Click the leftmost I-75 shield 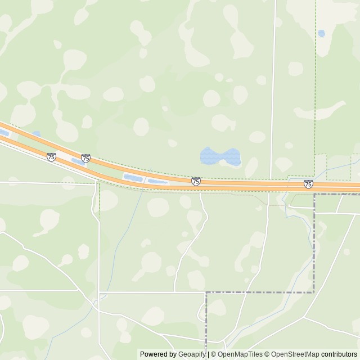pyautogui.click(x=51, y=157)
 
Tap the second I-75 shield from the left pyautogui.click(x=85, y=159)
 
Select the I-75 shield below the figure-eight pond pyautogui.click(x=196, y=181)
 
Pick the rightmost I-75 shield pyautogui.click(x=308, y=184)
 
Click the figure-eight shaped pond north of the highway pyautogui.click(x=220, y=156)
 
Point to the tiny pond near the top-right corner pyautogui.click(x=321, y=33)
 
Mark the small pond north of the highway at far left pyautogui.click(x=36, y=134)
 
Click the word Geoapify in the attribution pyautogui.click(x=192, y=354)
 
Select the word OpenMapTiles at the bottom pyautogui.click(x=240, y=354)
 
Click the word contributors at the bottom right pyautogui.click(x=339, y=354)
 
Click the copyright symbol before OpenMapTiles pyautogui.click(x=214, y=354)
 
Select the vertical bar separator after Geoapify pyautogui.click(x=208, y=354)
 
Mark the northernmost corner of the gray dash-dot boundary pyautogui.click(x=314, y=195)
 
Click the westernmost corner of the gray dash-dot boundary pyautogui.click(x=206, y=292)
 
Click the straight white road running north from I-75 pyautogui.click(x=273, y=84)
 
